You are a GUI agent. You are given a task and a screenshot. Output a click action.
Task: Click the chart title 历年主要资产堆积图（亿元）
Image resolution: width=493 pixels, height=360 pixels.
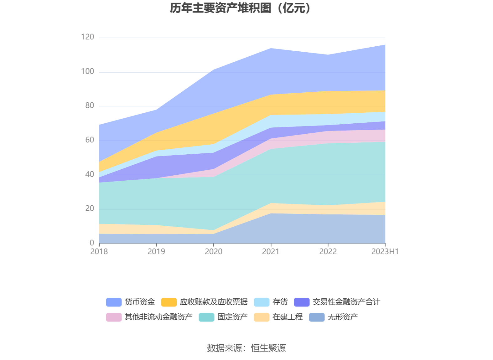tap(241, 8)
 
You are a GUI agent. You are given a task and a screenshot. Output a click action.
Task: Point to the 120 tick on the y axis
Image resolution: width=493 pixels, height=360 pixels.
tap(87, 37)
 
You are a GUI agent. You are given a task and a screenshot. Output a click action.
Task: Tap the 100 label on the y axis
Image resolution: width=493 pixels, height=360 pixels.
tap(87, 71)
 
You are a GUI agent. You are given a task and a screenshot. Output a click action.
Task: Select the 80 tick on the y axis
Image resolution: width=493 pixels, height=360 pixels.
tap(90, 105)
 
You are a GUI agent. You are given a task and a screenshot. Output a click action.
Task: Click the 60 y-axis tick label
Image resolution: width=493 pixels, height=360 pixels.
tap(90, 140)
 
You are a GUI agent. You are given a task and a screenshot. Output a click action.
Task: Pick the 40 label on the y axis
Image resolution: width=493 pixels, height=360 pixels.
tap(90, 174)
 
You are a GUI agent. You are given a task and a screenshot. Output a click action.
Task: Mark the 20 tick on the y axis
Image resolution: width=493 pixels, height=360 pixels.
tap(90, 208)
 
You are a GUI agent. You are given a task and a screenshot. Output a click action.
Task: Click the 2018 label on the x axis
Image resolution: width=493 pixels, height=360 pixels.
tap(99, 251)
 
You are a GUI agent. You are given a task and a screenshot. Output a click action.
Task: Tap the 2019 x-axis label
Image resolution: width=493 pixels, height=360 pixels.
tap(156, 251)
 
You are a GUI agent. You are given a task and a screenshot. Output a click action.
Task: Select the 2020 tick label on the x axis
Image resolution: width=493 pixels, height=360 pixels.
tap(214, 251)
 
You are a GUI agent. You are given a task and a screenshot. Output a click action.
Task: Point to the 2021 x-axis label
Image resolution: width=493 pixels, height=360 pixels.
tap(271, 251)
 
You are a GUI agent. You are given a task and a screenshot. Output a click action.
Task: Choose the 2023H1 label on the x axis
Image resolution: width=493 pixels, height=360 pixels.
tap(385, 251)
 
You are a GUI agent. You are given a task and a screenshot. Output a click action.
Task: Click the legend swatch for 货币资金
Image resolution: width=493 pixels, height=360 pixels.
tap(114, 302)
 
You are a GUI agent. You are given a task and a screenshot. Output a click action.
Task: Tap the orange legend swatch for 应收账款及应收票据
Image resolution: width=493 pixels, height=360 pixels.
tap(169, 302)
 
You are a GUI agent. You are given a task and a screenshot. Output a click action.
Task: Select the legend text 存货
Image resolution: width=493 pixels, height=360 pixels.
tap(280, 302)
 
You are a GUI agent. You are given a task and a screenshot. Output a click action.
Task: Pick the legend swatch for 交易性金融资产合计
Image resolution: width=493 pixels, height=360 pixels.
tap(302, 302)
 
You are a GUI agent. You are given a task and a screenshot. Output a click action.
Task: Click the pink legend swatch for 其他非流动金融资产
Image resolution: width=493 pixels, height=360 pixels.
tap(114, 317)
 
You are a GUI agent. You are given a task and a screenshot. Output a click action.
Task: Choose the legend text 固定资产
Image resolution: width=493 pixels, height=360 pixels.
tap(232, 317)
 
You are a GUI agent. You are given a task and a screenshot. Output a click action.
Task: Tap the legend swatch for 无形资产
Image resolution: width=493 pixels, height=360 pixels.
tap(317, 317)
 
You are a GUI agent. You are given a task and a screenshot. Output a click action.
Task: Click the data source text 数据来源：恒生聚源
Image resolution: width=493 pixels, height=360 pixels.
tap(246, 348)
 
